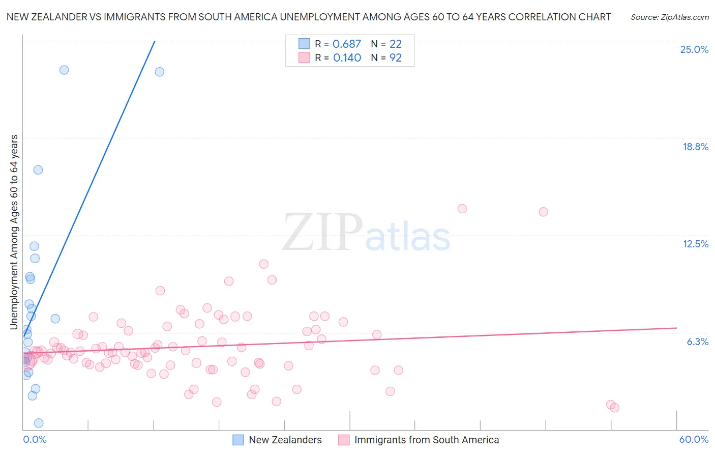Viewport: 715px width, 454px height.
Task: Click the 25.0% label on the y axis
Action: point(694,49)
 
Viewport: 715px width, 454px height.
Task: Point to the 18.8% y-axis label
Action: point(695,147)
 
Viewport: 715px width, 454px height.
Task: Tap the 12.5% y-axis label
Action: point(695,244)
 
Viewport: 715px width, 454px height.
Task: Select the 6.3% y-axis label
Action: point(697,342)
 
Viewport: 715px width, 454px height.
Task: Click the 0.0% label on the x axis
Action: point(35,439)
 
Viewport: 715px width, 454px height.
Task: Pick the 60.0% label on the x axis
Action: point(693,439)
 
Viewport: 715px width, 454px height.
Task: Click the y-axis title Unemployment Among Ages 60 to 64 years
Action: point(14,232)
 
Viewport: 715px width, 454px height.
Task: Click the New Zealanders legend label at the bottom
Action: point(285,440)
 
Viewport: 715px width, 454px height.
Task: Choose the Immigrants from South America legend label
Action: point(426,440)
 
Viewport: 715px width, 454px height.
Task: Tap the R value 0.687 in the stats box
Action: point(346,44)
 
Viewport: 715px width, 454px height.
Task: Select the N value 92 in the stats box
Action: point(395,58)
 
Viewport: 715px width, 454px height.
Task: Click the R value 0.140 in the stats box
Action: point(347,58)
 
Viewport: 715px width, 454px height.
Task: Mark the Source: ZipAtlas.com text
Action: point(669,17)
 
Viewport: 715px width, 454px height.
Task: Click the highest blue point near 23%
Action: point(64,70)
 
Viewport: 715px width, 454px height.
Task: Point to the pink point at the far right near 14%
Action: point(543,212)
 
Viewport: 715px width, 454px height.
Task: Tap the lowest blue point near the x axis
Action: point(39,423)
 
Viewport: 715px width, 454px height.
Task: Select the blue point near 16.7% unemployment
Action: point(38,170)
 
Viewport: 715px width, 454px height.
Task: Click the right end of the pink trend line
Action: point(676,328)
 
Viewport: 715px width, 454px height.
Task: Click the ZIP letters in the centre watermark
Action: point(322,233)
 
